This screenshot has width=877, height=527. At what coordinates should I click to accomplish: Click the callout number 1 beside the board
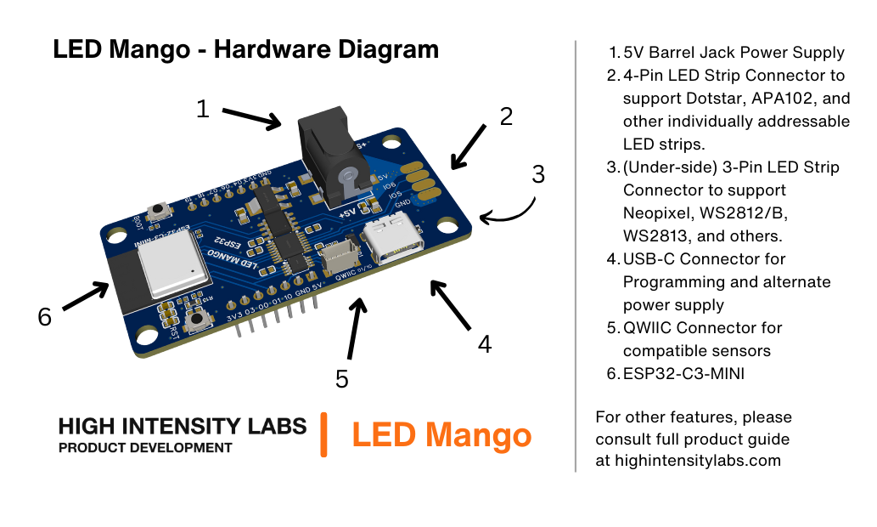(202, 109)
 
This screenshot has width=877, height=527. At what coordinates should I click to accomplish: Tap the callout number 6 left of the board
(45, 317)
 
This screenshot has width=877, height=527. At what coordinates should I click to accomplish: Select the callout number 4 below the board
(484, 344)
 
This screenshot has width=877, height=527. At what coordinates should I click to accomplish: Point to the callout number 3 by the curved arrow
(537, 174)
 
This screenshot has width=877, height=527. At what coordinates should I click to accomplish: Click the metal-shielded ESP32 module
(174, 265)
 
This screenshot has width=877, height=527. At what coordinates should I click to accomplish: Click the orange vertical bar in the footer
(323, 434)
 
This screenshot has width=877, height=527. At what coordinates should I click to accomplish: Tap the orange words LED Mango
(441, 435)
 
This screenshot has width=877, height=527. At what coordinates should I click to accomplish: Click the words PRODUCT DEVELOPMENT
(145, 448)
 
